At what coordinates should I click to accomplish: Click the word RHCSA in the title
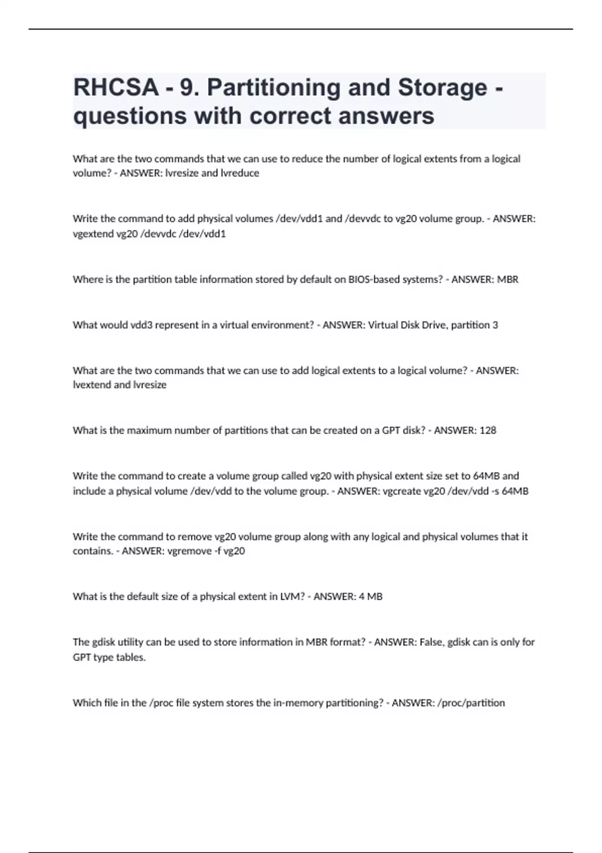(116, 87)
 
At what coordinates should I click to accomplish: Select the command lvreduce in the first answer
(240, 173)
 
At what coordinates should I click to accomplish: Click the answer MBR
(508, 279)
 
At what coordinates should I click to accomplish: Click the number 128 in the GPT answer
(488, 431)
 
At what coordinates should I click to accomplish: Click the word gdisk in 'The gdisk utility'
(103, 642)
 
